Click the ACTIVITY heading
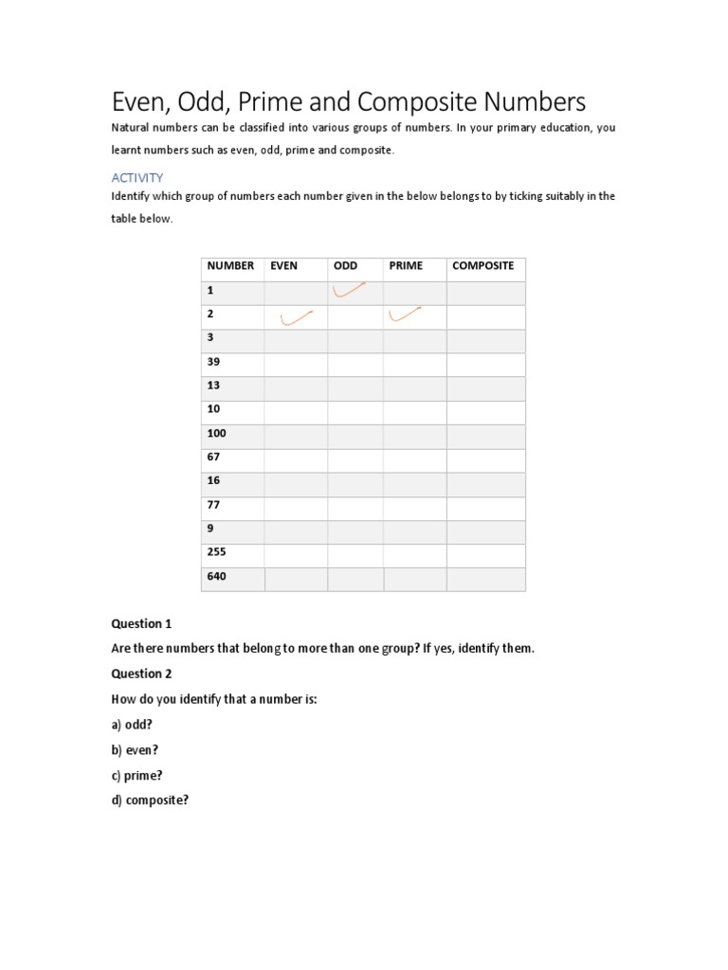point(137,177)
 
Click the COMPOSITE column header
point(482,266)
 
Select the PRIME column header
point(406,266)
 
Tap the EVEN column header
point(283,266)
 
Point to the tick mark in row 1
point(349,291)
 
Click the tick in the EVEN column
point(297,318)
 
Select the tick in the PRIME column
point(405,314)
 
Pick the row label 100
point(216,433)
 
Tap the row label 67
point(213,457)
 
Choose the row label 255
point(216,552)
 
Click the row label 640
point(216,576)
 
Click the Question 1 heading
point(141,624)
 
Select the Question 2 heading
point(141,674)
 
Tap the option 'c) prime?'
point(137,775)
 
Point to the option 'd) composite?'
point(150,799)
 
